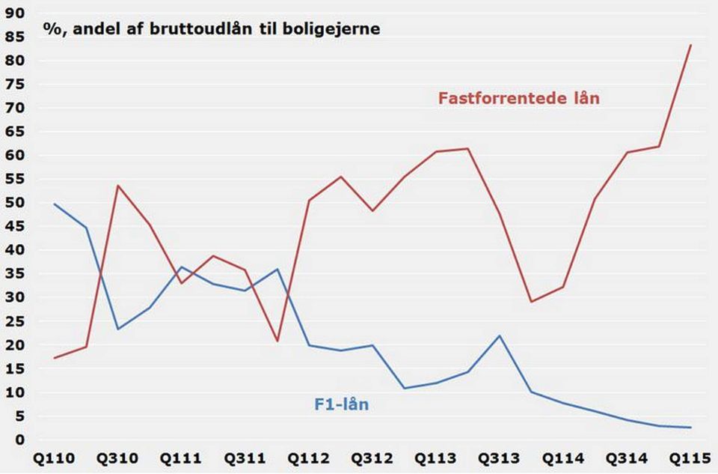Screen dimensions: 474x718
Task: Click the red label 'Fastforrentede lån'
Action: coord(518,98)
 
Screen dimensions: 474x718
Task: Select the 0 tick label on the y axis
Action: coord(20,440)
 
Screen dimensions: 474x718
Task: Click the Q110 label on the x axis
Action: coord(55,457)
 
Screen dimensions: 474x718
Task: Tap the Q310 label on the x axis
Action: coord(118,457)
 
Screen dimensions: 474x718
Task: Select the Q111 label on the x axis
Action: coord(182,457)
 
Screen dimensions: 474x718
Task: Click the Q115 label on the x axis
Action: coord(690,457)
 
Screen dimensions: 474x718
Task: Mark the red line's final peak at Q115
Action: coord(690,45)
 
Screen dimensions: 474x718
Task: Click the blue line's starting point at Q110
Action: coord(55,204)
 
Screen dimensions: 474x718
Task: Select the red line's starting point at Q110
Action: coord(55,358)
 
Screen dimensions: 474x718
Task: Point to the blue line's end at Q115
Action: coord(690,428)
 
